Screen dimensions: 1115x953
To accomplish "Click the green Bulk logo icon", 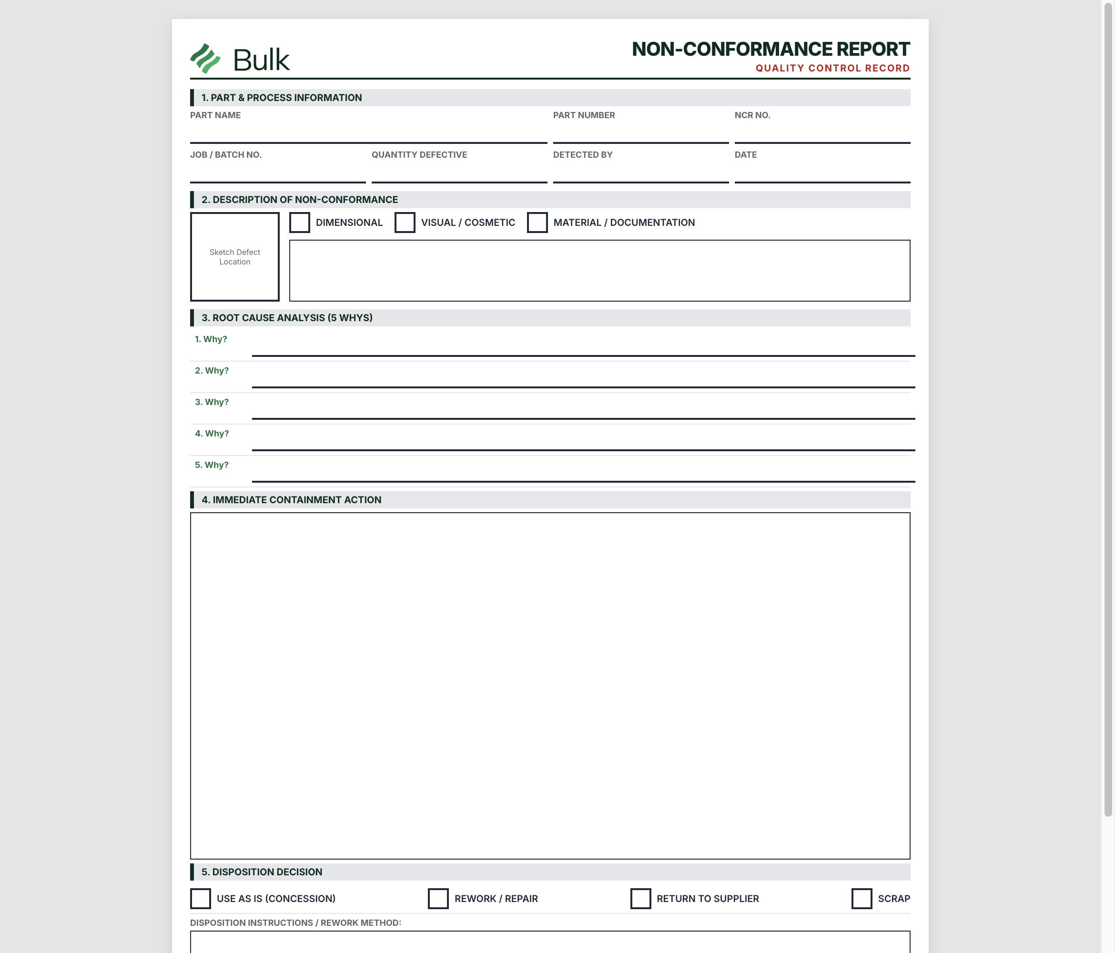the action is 205,59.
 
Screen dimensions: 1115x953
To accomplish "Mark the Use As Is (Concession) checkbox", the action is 201,899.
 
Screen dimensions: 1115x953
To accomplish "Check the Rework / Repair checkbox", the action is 438,899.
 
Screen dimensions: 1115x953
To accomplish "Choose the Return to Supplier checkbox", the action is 640,899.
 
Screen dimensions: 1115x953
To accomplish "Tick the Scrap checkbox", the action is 862,899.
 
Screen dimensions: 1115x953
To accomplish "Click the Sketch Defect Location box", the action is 234,257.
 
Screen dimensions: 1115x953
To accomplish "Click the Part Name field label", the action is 215,115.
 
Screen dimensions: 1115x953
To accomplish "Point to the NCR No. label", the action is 752,115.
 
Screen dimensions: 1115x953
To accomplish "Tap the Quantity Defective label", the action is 419,155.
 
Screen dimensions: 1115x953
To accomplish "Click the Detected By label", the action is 583,155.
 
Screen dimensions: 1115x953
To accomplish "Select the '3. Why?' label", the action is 212,403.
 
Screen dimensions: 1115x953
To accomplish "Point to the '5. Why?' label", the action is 212,466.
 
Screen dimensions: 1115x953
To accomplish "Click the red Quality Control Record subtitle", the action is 832,68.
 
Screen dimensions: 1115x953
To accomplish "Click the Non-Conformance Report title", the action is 770,49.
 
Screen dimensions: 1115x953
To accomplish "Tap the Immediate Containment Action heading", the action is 291,500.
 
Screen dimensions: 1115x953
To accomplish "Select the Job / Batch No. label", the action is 225,155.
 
